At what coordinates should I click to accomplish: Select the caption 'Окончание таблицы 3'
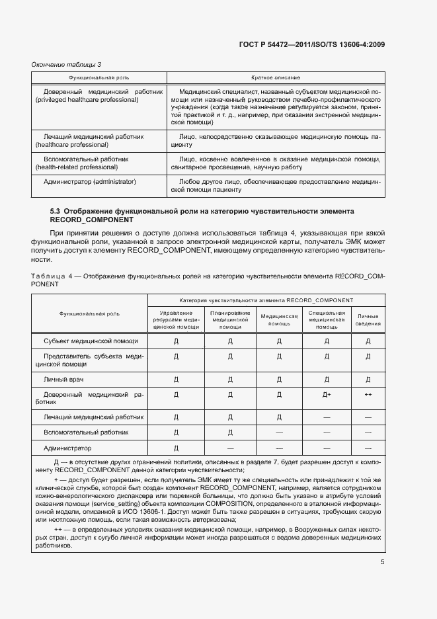[66, 64]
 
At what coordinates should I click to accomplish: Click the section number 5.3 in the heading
[57, 211]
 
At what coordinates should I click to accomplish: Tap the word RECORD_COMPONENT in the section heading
[92, 220]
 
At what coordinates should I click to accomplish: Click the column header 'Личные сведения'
[368, 319]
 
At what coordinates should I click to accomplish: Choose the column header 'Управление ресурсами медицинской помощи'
[176, 319]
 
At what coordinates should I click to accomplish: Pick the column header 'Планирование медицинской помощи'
[230, 319]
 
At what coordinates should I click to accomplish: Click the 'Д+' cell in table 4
[327, 395]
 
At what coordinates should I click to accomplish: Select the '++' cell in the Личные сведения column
[368, 395]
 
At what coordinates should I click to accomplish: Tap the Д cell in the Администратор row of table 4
[176, 448]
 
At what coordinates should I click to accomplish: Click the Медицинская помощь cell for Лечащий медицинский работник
[279, 417]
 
